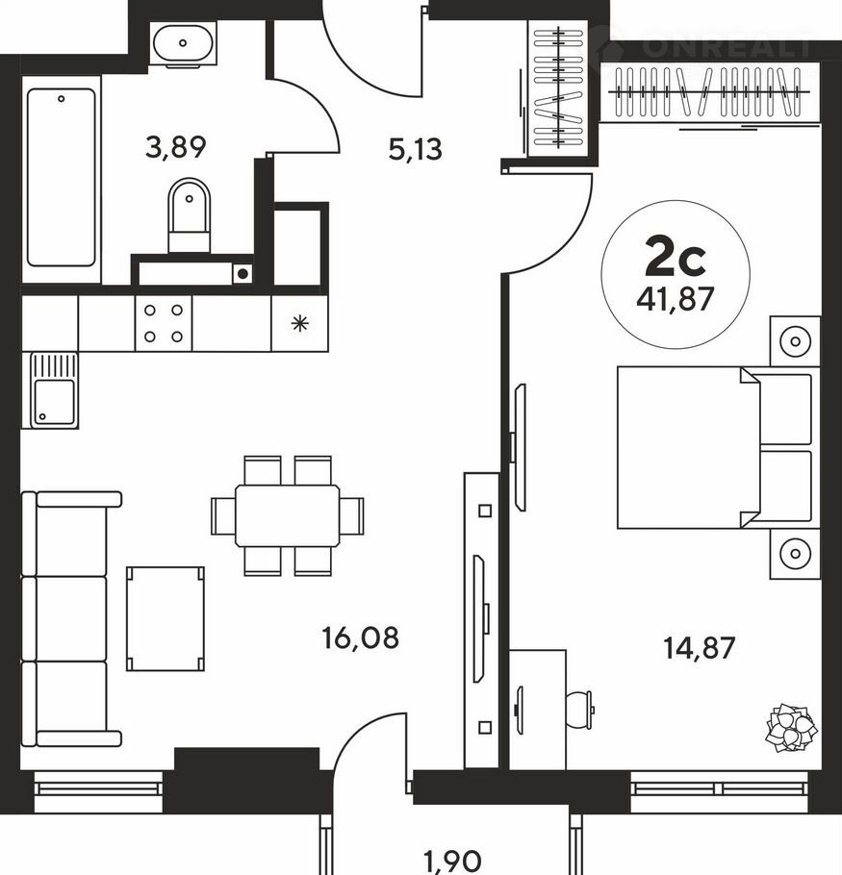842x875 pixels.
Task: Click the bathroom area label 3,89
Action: tap(175, 147)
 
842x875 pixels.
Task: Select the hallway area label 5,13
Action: tap(415, 150)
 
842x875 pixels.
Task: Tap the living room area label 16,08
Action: tap(361, 637)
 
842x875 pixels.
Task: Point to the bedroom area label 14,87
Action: tap(699, 648)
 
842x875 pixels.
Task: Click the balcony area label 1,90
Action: tap(453, 862)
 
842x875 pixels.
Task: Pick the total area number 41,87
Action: tap(676, 299)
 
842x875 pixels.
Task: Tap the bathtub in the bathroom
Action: tap(61, 177)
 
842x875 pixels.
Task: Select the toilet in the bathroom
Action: tap(190, 216)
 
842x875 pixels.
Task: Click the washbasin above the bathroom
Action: tap(183, 44)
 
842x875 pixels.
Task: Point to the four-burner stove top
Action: tap(164, 323)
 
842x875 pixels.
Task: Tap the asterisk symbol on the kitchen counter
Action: tap(300, 324)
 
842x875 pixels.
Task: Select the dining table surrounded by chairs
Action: tap(287, 515)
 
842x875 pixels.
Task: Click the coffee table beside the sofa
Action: tap(166, 618)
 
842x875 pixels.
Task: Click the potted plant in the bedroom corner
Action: tap(791, 728)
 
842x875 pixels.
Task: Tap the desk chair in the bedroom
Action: tap(579, 710)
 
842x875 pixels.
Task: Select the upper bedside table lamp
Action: tap(795, 341)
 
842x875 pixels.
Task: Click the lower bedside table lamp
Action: tap(795, 554)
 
